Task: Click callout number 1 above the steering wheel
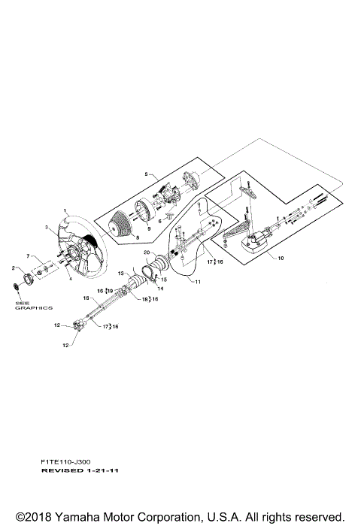click(x=65, y=210)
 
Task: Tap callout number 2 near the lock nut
click(x=14, y=268)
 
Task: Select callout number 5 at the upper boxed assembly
click(x=146, y=174)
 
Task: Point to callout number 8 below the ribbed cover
click(x=137, y=237)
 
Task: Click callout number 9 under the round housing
click(x=149, y=229)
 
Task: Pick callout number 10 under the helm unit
click(x=281, y=258)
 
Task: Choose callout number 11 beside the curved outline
click(x=198, y=282)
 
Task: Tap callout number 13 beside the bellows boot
click(x=121, y=274)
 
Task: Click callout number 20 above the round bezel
click(x=147, y=252)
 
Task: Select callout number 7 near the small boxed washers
click(x=29, y=256)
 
